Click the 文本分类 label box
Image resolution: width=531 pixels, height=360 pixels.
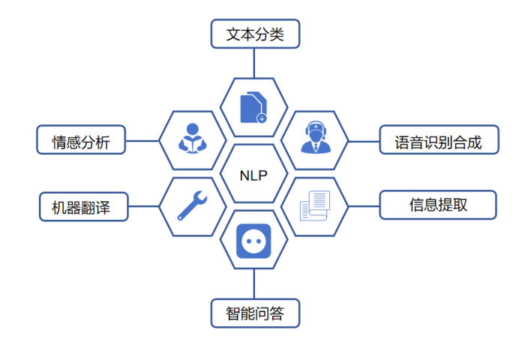254,34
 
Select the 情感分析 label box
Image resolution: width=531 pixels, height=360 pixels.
81,140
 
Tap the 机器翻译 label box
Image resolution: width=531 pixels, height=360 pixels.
83,206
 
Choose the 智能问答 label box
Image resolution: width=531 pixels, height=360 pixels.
254,312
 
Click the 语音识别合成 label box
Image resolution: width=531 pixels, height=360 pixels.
438,140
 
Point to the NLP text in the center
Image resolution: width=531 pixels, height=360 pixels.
253,174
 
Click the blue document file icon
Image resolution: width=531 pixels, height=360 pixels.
253,108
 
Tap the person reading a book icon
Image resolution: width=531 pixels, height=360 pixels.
192,138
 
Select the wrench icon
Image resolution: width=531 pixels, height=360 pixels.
193,205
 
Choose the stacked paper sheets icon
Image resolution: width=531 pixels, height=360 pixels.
314,205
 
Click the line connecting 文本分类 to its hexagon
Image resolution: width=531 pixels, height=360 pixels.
254,62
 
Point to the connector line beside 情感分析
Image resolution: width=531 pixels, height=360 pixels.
142,140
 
